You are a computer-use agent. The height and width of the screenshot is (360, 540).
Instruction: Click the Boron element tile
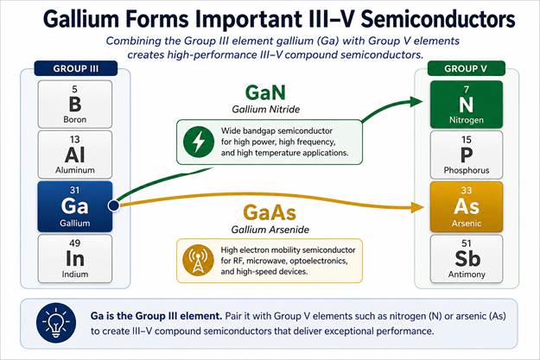tap(74, 104)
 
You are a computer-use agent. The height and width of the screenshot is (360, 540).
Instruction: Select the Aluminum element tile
tap(74, 155)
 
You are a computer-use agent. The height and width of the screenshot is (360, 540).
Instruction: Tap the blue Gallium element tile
tap(74, 206)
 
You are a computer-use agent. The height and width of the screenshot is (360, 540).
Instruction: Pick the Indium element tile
tap(74, 259)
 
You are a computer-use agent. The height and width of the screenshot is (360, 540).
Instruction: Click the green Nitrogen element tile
tap(467, 104)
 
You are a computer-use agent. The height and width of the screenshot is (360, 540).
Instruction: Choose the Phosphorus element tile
tap(467, 155)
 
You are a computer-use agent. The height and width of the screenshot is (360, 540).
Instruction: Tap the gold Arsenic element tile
tap(467, 207)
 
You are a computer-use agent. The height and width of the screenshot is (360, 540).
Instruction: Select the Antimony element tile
tap(467, 259)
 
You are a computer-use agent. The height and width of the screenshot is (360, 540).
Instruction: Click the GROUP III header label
tap(76, 68)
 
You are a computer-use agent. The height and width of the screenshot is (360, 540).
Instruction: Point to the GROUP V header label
tap(466, 68)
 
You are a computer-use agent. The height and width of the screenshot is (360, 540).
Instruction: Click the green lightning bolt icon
tap(199, 142)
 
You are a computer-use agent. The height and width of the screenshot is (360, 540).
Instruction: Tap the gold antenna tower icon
tap(198, 261)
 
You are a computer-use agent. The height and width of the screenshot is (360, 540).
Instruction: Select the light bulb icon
tap(56, 323)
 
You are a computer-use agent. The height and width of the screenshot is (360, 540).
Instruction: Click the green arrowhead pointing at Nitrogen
tap(416, 102)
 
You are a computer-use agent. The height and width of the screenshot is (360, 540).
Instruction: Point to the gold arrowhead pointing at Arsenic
tap(417, 207)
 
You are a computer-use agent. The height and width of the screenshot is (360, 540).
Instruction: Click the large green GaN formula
tap(265, 92)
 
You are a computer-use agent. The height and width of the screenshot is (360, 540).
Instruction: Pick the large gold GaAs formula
tap(270, 212)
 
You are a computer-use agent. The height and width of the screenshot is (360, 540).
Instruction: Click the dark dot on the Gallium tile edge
tap(113, 205)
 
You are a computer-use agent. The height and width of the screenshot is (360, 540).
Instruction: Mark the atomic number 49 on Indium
tap(74, 243)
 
